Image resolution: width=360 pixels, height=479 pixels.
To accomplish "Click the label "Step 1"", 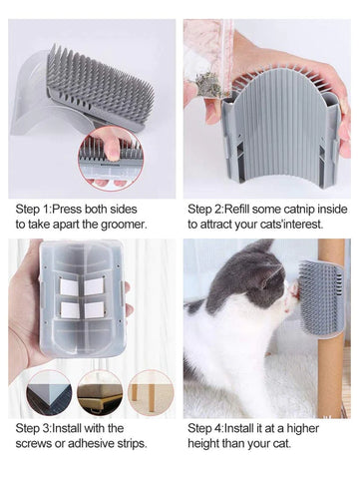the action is click(32, 210).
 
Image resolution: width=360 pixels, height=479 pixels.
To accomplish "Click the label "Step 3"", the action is click(32, 428).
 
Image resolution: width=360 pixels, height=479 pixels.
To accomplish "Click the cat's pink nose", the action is click(292, 288).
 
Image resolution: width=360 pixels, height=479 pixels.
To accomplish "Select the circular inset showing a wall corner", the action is click(49, 393).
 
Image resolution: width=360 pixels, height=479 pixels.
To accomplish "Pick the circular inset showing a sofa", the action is click(100, 393).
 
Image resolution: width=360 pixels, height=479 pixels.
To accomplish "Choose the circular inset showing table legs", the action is click(152, 393).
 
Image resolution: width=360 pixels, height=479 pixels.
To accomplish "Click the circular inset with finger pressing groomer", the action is click(111, 159).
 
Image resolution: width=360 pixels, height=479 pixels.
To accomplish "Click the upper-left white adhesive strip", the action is click(69, 286).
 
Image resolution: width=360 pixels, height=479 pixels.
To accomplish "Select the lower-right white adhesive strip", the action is click(94, 309).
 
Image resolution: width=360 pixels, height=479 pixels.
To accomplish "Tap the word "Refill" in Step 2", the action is click(237, 210).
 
